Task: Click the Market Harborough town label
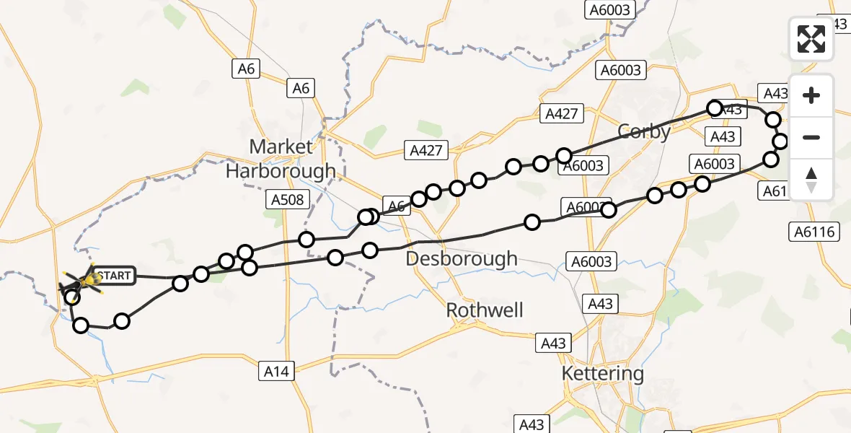281,159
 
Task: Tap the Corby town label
644,131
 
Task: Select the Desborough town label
462,258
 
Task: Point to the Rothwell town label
485,310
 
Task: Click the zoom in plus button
811,95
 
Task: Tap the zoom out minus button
811,137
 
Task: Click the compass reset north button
811,180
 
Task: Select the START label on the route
114,276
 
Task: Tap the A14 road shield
276,371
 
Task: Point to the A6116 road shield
813,232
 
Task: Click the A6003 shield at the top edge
609,10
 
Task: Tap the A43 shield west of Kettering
554,344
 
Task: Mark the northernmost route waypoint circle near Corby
715,108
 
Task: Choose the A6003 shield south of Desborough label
589,262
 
